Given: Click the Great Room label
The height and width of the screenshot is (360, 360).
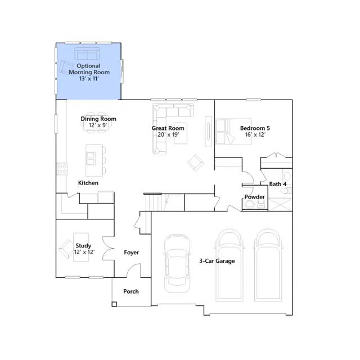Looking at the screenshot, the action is click(168, 128).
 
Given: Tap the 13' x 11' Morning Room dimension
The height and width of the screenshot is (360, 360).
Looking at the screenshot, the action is click(89, 79).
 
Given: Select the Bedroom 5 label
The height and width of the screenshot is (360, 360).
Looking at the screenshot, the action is click(255, 128).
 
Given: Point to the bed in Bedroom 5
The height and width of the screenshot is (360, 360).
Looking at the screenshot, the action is click(233, 132).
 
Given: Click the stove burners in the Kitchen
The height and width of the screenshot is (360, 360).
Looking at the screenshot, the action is click(62, 169).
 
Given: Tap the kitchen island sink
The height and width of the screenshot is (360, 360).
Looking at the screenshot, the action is click(91, 159).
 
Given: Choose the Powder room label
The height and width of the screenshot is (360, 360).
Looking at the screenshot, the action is click(254, 197).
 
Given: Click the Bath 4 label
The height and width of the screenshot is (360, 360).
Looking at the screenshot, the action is click(277, 184).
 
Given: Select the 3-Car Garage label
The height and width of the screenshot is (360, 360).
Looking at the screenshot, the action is click(217, 261).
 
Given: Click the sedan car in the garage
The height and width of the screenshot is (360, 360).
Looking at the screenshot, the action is click(177, 264).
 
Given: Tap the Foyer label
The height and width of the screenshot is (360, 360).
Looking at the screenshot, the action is click(131, 253).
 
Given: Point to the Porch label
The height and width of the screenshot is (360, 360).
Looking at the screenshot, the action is click(131, 291).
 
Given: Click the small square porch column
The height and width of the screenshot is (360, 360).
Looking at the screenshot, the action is click(114, 304).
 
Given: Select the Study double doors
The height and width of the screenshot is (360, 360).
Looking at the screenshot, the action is click(109, 249).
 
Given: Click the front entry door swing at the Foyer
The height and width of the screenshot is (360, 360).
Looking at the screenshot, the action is click(133, 271).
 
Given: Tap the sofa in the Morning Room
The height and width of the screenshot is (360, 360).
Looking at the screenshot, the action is click(87, 53).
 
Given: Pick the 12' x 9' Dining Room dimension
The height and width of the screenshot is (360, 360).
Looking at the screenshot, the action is click(98, 125).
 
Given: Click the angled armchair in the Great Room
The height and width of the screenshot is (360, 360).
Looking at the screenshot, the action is click(196, 163).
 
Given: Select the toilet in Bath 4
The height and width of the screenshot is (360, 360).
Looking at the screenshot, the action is click(286, 191).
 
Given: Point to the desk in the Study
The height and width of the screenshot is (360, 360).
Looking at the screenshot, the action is click(81, 247).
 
